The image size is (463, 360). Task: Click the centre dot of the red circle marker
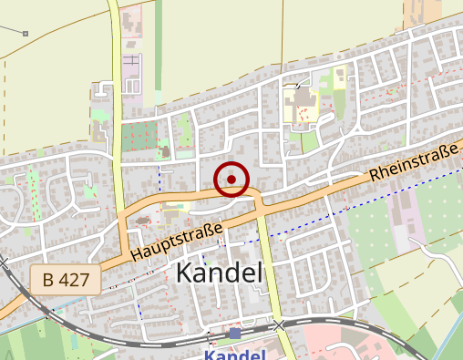click(231, 179)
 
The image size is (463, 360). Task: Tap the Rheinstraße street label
click(413, 160)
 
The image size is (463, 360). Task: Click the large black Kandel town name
click(218, 273)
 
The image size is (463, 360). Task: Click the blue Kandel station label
click(234, 354)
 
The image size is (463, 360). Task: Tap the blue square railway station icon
click(234, 334)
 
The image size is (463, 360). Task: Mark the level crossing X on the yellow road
click(279, 324)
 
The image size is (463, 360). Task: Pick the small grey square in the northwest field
click(26, 34)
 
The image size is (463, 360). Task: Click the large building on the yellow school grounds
click(300, 102)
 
